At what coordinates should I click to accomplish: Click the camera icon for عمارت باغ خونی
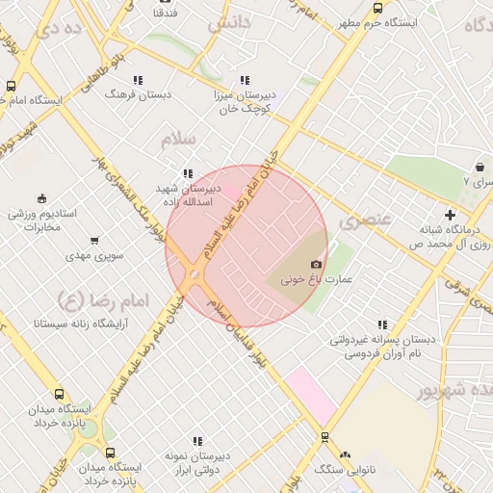tap(316, 264)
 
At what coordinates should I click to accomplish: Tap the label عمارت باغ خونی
tap(316, 280)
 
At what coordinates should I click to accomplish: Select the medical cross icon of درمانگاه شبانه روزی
tap(450, 215)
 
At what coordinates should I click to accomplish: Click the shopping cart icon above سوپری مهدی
tap(94, 241)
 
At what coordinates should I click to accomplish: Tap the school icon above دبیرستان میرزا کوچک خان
tap(245, 80)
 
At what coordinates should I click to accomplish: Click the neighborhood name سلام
tap(179, 141)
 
